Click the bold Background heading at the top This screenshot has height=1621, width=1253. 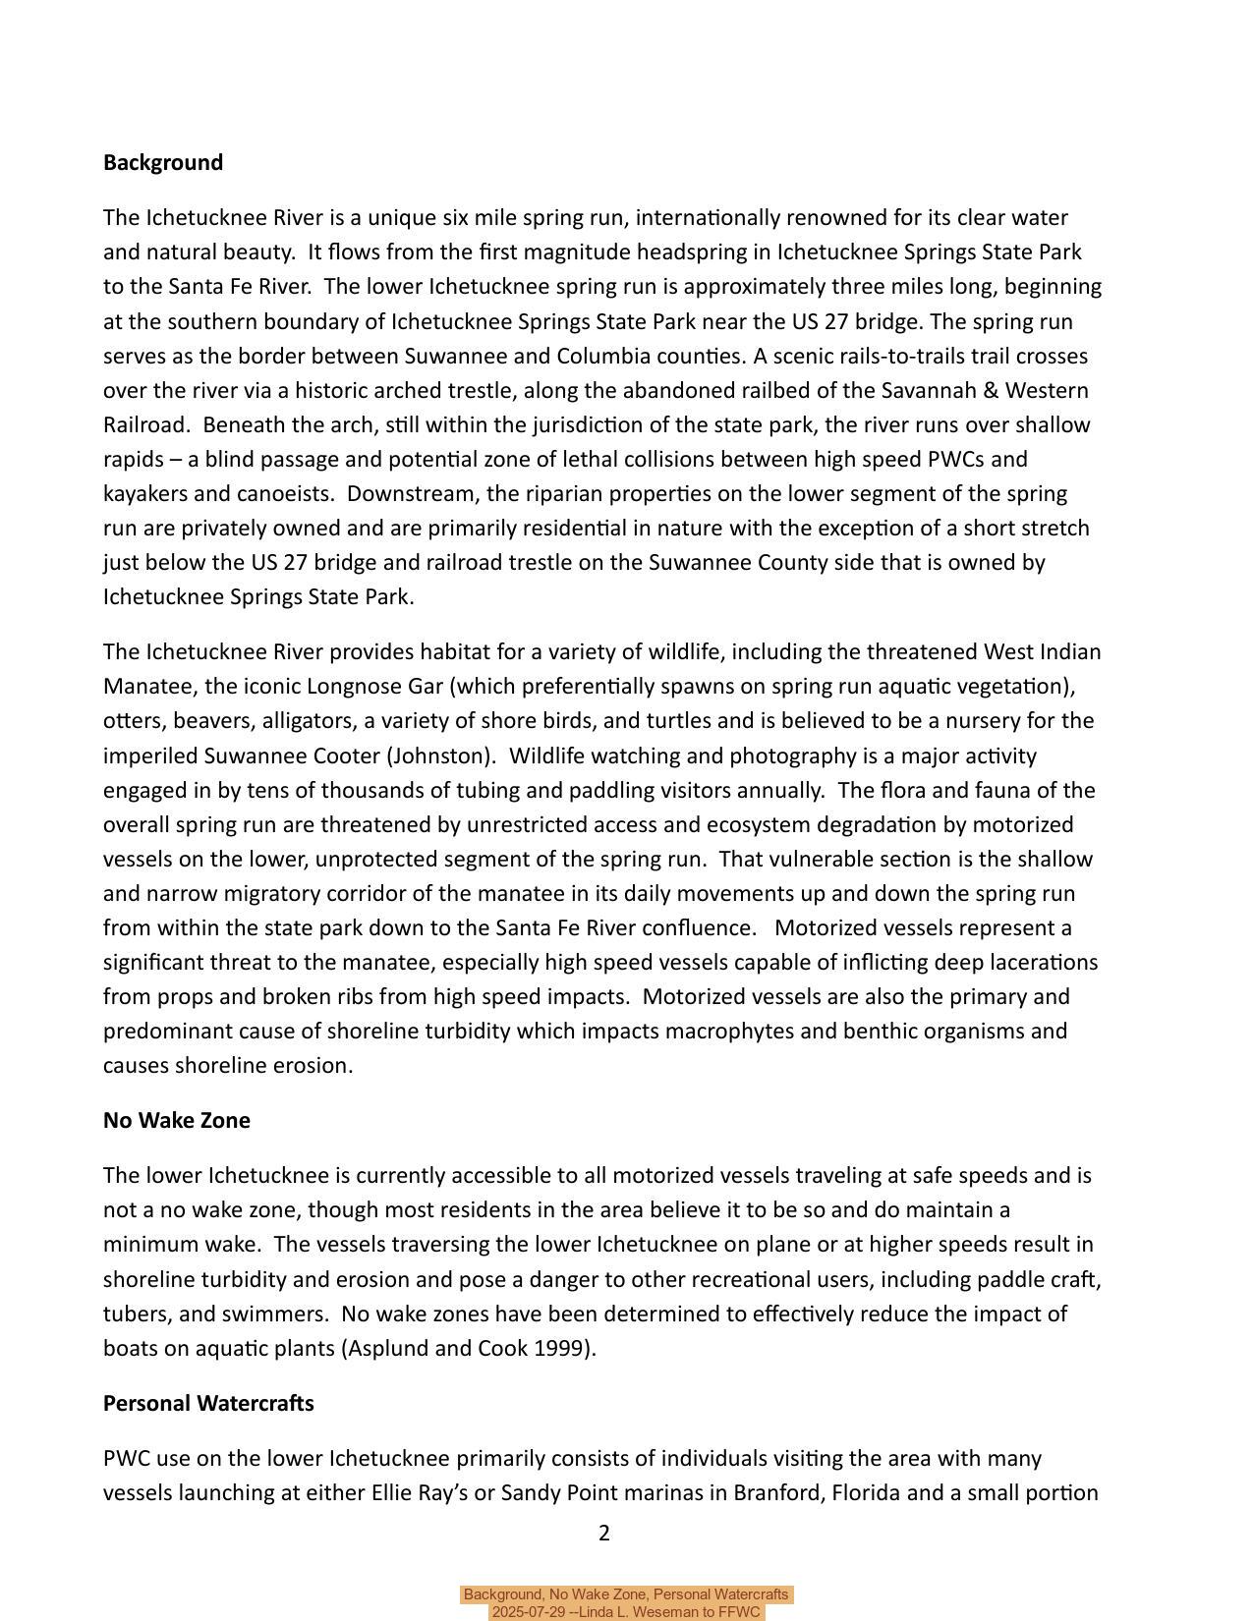[x=163, y=163]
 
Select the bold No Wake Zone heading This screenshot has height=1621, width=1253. [x=177, y=1121]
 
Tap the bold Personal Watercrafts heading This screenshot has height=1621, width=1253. [x=208, y=1404]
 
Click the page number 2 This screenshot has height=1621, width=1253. [x=604, y=1534]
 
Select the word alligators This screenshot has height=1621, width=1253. [x=308, y=721]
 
